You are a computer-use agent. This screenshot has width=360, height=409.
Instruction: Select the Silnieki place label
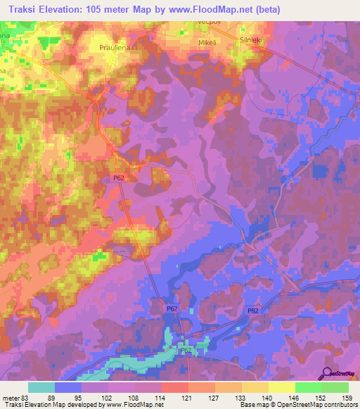coord(251,41)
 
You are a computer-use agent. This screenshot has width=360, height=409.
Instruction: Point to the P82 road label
coord(253,311)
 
